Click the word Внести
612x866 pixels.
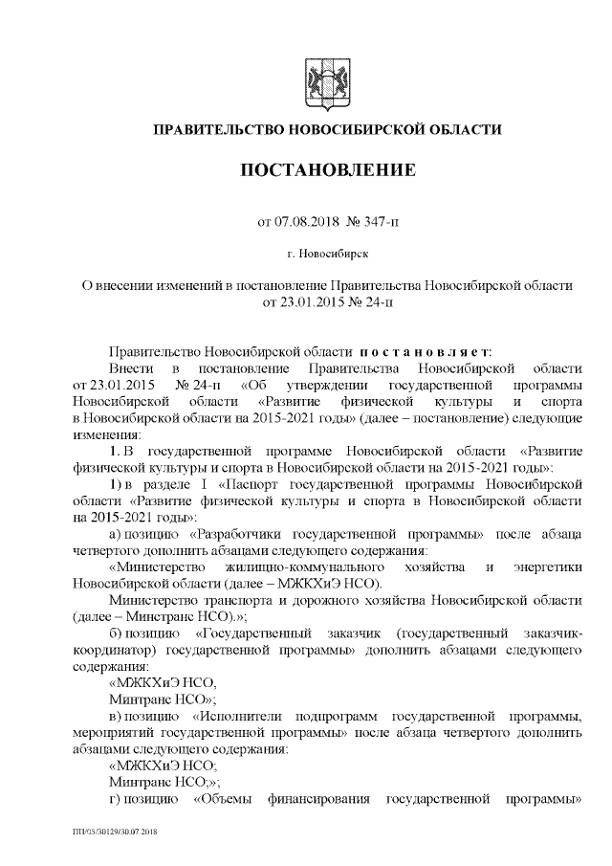[x=131, y=368]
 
